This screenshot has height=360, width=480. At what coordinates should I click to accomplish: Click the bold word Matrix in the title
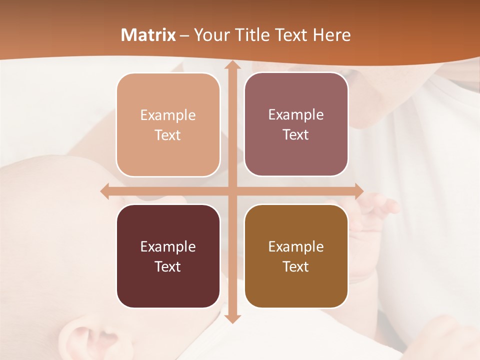[x=148, y=35]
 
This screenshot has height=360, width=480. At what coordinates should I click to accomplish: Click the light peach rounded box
[x=168, y=125]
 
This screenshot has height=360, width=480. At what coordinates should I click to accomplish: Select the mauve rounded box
[x=296, y=124]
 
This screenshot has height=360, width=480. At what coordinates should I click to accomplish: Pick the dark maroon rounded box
[x=168, y=256]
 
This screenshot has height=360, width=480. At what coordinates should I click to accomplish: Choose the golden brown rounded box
[x=296, y=256]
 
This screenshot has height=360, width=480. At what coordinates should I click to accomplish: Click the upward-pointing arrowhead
[x=232, y=65]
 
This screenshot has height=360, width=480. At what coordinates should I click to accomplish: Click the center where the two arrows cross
[x=232, y=191]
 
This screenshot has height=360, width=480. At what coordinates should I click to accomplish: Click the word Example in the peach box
[x=168, y=115]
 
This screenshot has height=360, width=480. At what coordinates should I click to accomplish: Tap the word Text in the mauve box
[x=296, y=135]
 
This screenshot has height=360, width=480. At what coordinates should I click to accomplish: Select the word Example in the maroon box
[x=168, y=246]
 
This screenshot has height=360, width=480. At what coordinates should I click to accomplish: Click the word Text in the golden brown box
[x=296, y=266]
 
